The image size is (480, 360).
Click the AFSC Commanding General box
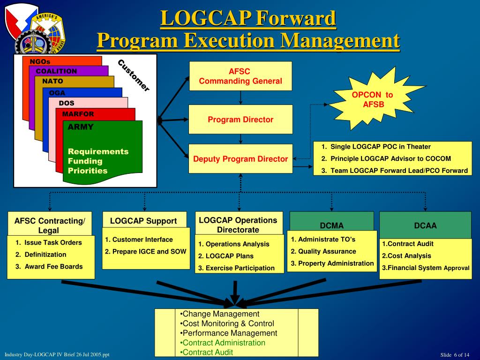[x=240, y=76]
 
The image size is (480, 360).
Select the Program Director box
[x=240, y=120]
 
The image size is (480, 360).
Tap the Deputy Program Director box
[x=240, y=159]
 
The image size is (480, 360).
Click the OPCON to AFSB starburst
[x=373, y=99]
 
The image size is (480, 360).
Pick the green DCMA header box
[x=331, y=225]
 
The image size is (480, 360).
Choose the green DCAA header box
[x=425, y=225]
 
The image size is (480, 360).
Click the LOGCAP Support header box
[x=143, y=221]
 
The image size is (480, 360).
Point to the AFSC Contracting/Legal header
[x=50, y=225]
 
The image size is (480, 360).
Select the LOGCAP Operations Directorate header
[x=238, y=225]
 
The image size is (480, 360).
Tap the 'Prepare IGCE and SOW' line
[x=146, y=251]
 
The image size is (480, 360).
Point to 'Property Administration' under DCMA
[x=332, y=263]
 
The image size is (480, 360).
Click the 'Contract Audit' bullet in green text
[x=208, y=352]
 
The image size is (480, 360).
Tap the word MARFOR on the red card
[x=78, y=114]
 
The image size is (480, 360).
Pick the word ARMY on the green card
[x=81, y=127]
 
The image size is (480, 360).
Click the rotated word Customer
[x=134, y=75]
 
